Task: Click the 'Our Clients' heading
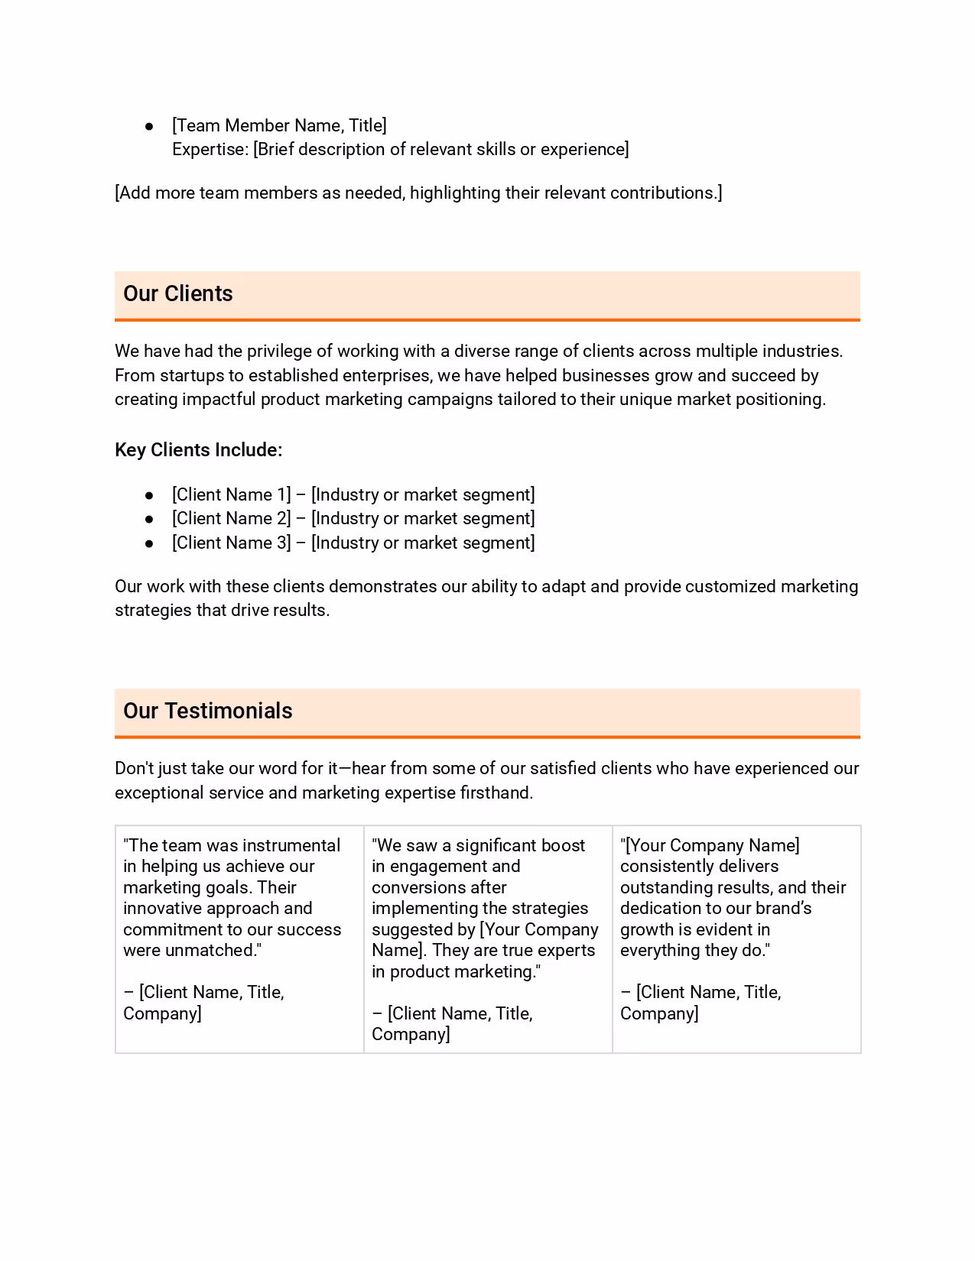click(x=177, y=293)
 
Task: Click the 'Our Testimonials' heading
click(x=207, y=711)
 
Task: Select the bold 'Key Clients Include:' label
click(x=198, y=450)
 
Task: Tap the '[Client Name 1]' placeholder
click(x=231, y=494)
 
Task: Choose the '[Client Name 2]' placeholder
click(x=231, y=518)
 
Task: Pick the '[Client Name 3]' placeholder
click(x=231, y=543)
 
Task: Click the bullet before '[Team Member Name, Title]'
click(x=150, y=126)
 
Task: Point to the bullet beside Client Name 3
click(x=150, y=543)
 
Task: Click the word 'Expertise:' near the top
click(x=210, y=149)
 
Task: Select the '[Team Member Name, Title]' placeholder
click(x=279, y=125)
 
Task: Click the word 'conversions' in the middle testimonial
click(x=439, y=887)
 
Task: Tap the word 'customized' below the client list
click(x=730, y=586)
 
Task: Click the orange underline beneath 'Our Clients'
click(x=487, y=320)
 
